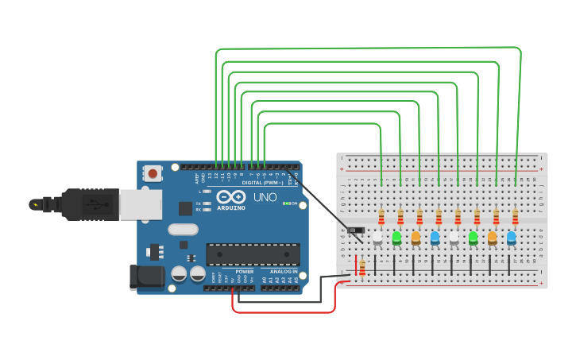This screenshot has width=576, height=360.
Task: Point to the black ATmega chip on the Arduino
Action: point(253,254)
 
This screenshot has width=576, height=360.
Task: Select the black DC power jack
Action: point(146,277)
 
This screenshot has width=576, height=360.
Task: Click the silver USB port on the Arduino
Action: point(141,203)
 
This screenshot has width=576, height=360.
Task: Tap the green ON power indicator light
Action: point(285,203)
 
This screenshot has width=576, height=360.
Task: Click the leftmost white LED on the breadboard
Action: point(377,237)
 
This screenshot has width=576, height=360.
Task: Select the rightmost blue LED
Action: point(511,237)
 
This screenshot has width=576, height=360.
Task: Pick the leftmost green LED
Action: point(396,237)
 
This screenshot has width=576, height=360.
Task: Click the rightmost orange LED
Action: point(492,237)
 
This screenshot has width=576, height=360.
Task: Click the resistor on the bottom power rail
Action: point(362,268)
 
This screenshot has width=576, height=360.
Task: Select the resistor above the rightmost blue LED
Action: point(515,217)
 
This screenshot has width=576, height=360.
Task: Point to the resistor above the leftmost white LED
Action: point(381,217)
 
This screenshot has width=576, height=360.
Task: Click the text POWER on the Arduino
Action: point(245,272)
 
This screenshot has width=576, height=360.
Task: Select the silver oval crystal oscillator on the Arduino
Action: point(183,230)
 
